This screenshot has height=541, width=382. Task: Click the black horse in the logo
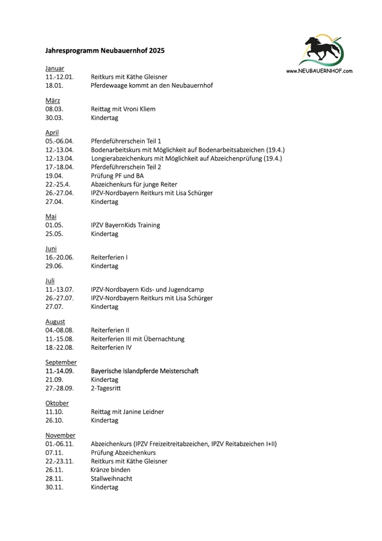[x=320, y=50]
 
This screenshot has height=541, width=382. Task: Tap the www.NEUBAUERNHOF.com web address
[x=319, y=71]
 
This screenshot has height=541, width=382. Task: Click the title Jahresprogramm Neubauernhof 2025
[x=104, y=50]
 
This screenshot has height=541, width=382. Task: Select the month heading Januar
[x=55, y=68]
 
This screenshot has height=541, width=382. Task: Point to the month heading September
[x=61, y=362]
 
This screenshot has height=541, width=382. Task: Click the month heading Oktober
[x=57, y=403]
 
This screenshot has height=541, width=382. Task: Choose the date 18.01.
[x=54, y=86]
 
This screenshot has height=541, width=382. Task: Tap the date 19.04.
[x=54, y=176]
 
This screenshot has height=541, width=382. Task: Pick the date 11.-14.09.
[x=60, y=371]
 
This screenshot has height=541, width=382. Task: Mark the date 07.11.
[x=54, y=453]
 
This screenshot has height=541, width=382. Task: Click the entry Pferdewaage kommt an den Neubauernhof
[x=151, y=86]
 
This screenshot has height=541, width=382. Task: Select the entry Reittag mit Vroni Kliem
[x=123, y=109]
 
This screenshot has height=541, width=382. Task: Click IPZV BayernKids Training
[x=125, y=225]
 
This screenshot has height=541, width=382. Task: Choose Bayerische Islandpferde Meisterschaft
[x=144, y=371]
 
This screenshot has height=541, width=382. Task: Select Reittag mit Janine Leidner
[x=127, y=412]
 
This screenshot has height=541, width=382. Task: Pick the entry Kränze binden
[x=111, y=470]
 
